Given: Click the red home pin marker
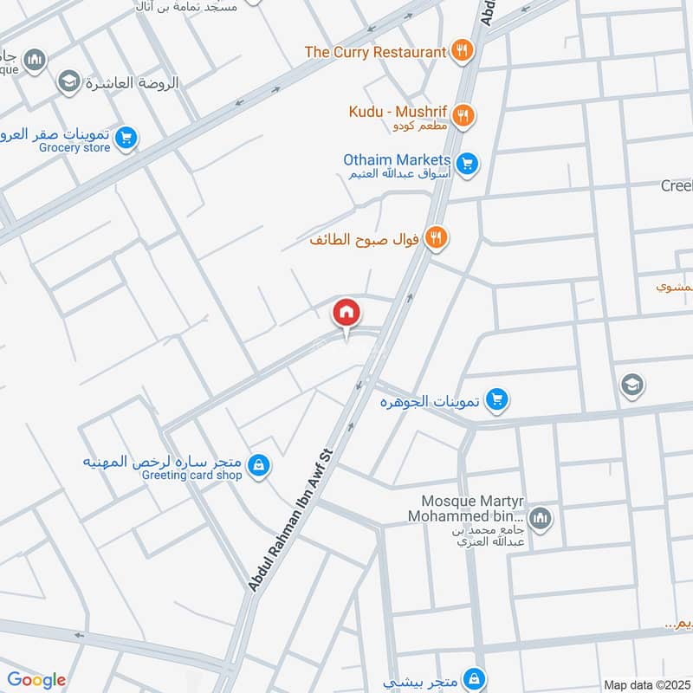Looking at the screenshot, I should point(346,312).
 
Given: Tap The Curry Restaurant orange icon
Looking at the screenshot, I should point(462,51).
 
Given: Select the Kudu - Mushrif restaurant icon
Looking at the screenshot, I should point(463,115).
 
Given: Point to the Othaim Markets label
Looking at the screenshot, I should point(397,160).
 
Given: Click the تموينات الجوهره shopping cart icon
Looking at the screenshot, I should point(496,398).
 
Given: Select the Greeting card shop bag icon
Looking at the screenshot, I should point(258,467).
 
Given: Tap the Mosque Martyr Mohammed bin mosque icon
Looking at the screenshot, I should point(541,519).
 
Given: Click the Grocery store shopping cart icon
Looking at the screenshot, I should point(126,138).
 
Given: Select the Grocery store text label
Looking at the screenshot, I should point(74,147).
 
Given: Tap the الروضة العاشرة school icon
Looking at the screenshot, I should point(68,82).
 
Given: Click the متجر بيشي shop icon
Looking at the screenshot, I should point(473,677).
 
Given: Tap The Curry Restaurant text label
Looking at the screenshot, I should point(375,52).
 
